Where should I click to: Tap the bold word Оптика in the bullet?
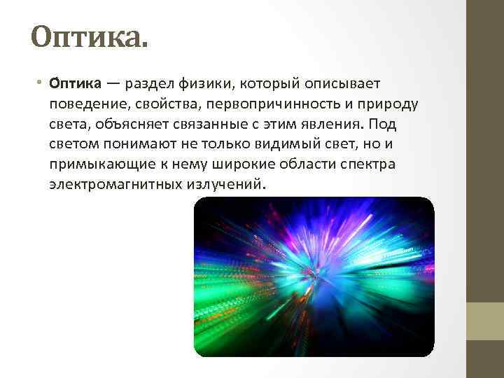(x=74, y=85)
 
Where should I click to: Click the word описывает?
(x=344, y=85)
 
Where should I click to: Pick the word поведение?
(x=85, y=105)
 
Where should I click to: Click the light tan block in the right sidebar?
(x=485, y=321)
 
